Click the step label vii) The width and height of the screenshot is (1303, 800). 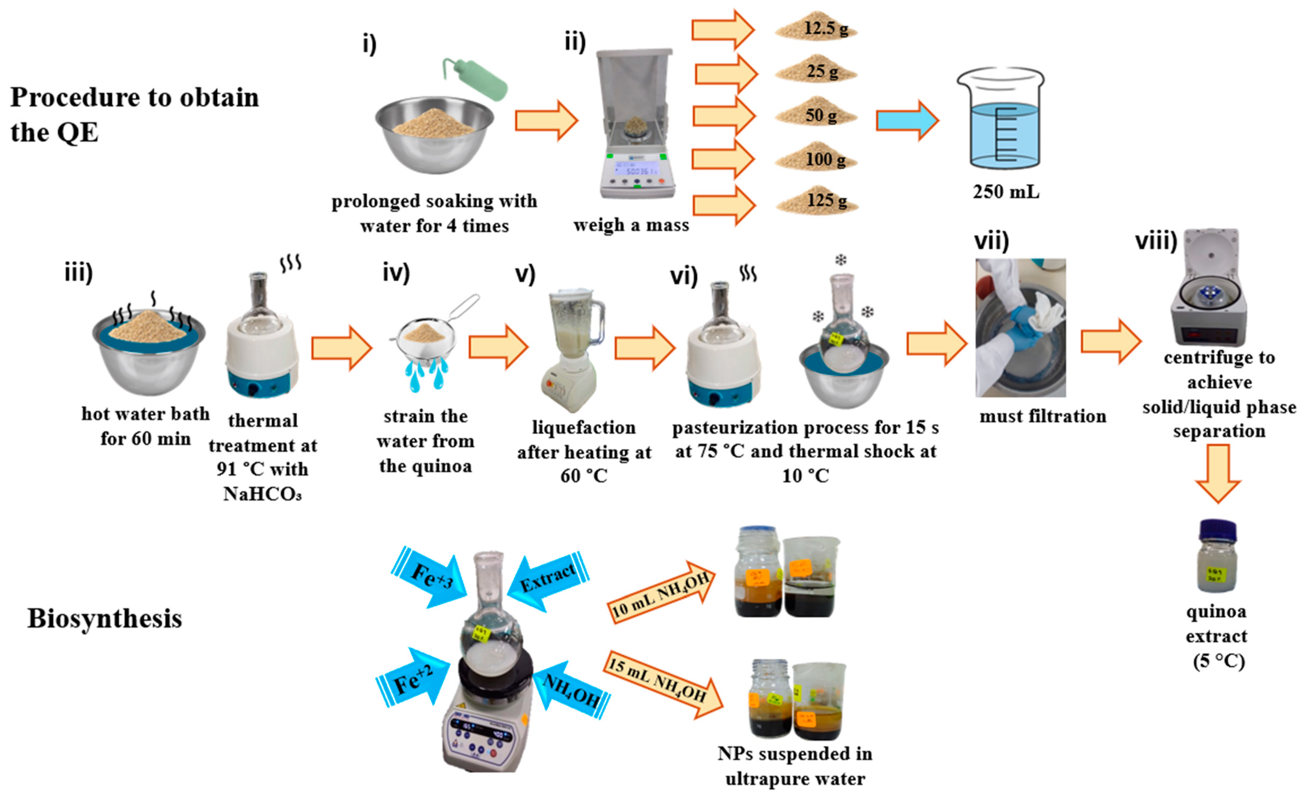coord(992,241)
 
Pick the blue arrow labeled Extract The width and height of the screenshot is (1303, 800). coord(547,579)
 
